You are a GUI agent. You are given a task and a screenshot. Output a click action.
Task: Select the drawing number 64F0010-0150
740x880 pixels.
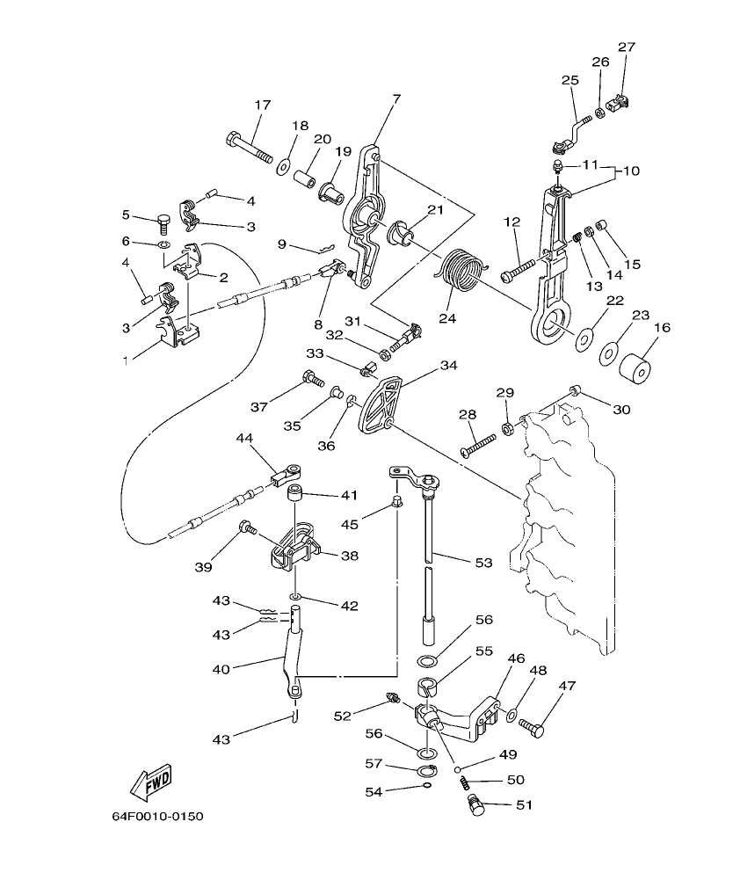pos(157,817)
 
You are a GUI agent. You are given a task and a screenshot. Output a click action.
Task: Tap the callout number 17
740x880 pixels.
pos(262,105)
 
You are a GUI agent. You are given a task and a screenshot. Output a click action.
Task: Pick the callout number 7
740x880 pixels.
pos(395,99)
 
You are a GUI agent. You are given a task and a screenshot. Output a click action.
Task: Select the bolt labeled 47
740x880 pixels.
pos(532,725)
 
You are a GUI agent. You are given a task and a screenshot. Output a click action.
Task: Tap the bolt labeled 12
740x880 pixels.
pos(518,268)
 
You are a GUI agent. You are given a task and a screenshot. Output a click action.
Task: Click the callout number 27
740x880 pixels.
pos(626,47)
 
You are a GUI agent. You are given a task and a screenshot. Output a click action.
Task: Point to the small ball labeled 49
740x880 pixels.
pos(458,769)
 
